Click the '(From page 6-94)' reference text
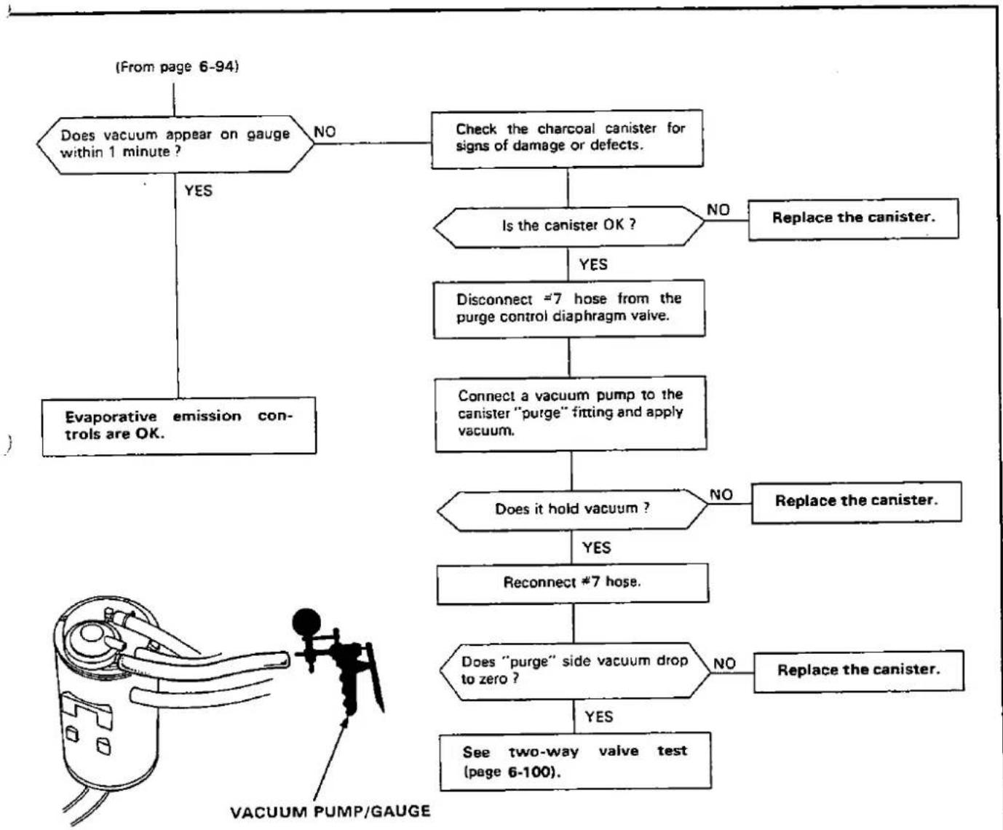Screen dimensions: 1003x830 [178, 66]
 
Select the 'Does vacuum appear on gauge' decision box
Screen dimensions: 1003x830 [175, 144]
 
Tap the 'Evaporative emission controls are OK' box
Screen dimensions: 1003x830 [179, 426]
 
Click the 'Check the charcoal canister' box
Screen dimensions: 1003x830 [567, 138]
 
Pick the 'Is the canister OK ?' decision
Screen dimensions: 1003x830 [568, 227]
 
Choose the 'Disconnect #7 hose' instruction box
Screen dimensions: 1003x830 [569, 309]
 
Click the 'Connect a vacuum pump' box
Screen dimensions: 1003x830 [571, 414]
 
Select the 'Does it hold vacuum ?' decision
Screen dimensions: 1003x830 [572, 510]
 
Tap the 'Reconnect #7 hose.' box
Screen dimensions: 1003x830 [573, 583]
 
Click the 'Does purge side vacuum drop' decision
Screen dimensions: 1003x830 [574, 671]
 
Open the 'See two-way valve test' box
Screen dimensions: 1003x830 [576, 762]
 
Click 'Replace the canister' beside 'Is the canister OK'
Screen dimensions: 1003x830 [853, 218]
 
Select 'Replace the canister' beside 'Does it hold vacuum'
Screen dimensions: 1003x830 [857, 501]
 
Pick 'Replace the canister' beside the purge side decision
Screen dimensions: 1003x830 [859, 671]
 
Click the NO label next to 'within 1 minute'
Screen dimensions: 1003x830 [325, 132]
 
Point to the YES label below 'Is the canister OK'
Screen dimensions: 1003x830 [593, 264]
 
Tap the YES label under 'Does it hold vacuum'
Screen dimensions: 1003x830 [597, 548]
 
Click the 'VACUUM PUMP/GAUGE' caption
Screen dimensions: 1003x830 [330, 812]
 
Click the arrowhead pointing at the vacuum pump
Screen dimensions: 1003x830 [344, 723]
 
